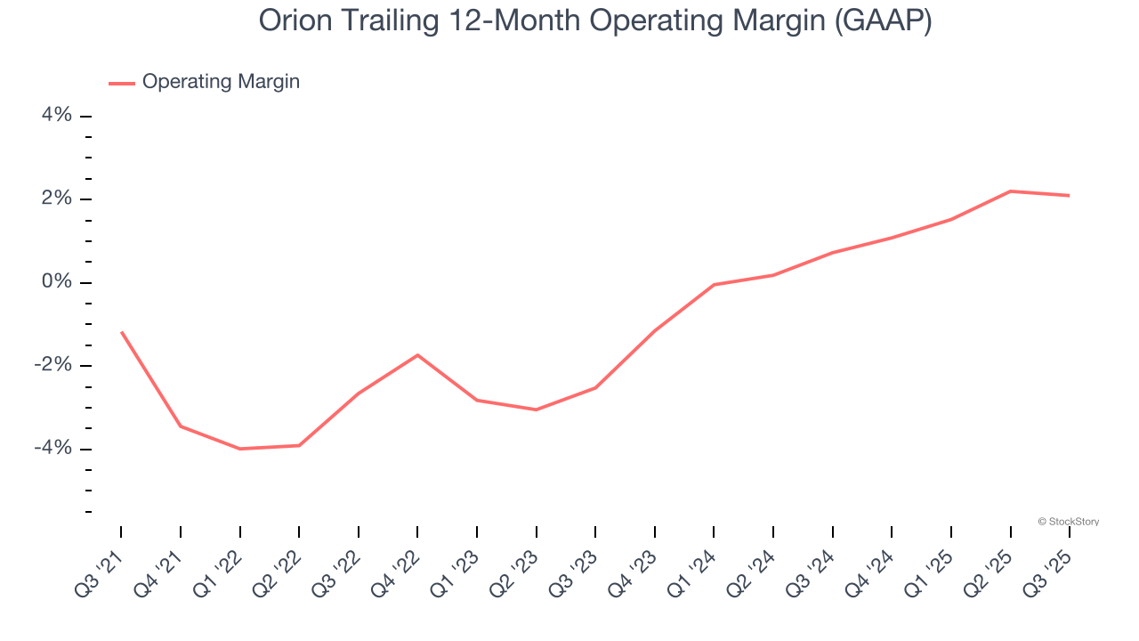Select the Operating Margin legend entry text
221,82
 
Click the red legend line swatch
122,83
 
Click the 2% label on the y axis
56,199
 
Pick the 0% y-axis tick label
56,282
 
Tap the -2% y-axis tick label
53,365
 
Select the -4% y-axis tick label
53,448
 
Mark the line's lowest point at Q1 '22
239,449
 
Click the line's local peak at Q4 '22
417,355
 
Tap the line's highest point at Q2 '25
1010,191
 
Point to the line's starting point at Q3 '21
121,332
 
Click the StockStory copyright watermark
1069,522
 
